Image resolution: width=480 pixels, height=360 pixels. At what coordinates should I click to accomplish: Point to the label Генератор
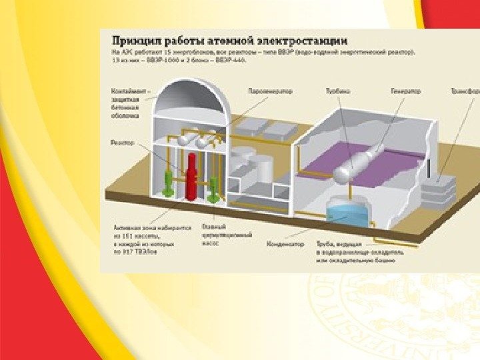point(405,91)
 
